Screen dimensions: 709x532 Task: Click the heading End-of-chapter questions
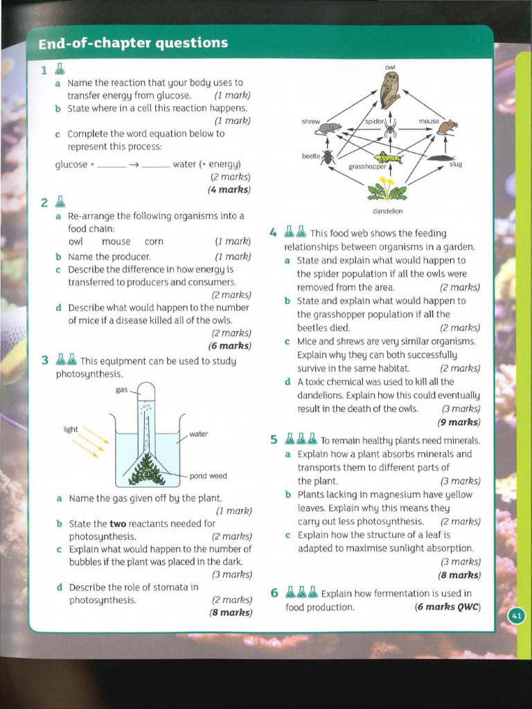coord(133,43)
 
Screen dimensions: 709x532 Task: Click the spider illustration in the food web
coord(391,129)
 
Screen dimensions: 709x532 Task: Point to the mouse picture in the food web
coord(447,126)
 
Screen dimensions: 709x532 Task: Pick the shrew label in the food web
coord(310,121)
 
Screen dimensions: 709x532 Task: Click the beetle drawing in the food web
coord(328,157)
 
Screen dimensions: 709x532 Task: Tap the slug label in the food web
coord(455,164)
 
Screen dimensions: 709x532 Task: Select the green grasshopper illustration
coord(388,157)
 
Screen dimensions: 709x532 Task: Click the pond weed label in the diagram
coord(209,476)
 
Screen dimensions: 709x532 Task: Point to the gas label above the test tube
coord(122,391)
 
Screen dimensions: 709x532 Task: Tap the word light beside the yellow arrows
coord(71,429)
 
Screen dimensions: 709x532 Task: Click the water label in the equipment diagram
coord(198,434)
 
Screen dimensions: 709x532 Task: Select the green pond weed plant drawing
coord(147,470)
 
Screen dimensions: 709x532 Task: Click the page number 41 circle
coord(517,616)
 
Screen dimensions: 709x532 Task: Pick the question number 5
coord(274,440)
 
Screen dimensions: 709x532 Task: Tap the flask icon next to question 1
coord(60,69)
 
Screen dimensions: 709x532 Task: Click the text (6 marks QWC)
coord(447,607)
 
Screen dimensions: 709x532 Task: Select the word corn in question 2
coord(154,242)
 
